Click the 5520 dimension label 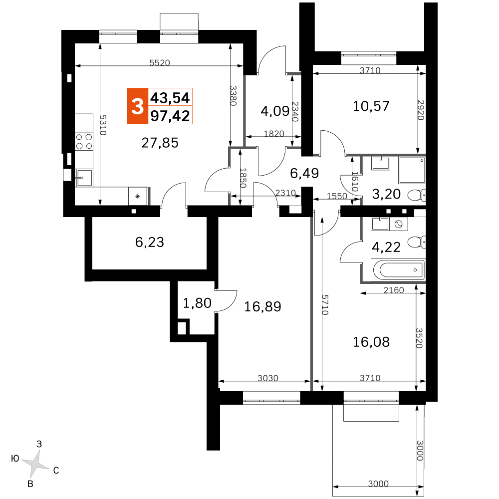(x=160, y=63)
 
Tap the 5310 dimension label (x=103, y=125)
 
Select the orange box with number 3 (x=137, y=106)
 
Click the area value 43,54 (x=170, y=97)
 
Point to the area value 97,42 (x=170, y=116)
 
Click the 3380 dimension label (x=233, y=95)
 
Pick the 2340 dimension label (x=295, y=111)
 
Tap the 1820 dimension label (x=274, y=134)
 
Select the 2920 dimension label (x=421, y=110)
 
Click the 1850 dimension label (x=243, y=178)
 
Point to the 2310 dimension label (x=285, y=193)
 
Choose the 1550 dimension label (x=337, y=197)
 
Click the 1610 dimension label (x=355, y=182)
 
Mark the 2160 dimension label (x=394, y=290)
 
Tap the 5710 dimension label (x=325, y=305)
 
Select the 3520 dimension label (x=419, y=338)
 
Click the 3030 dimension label (x=268, y=378)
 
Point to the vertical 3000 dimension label (x=420, y=450)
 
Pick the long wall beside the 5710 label (x=311, y=299)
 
